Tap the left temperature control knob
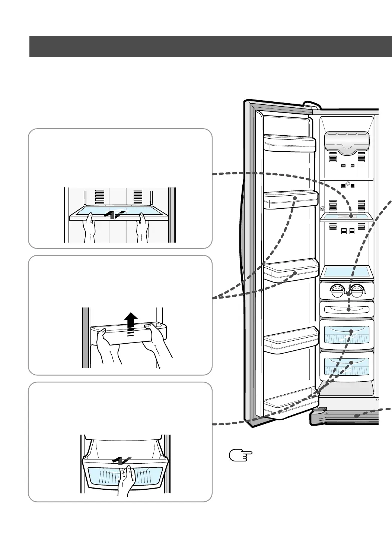pyautogui.click(x=337, y=290)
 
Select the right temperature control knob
pyautogui.click(x=357, y=290)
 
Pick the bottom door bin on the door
pyautogui.click(x=290, y=407)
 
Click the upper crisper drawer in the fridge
pyautogui.click(x=347, y=334)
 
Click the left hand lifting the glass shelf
pyautogui.click(x=89, y=228)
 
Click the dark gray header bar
pyautogui.click(x=210, y=46)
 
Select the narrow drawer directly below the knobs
pyautogui.click(x=347, y=309)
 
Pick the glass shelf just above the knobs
pyautogui.click(x=347, y=272)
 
